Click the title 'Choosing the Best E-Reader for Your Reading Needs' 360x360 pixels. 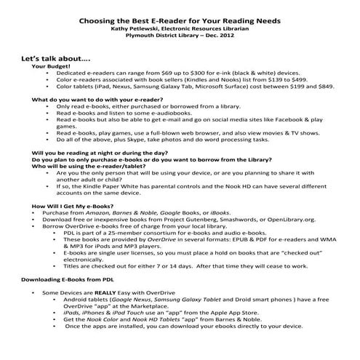[x=180, y=22]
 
